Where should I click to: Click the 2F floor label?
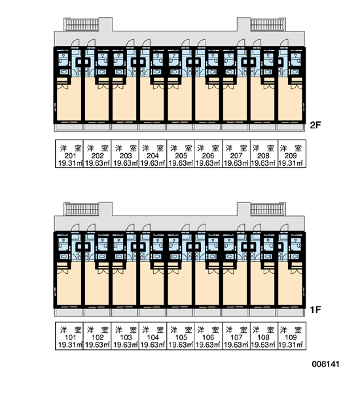point(315,125)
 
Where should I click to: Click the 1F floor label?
point(315,310)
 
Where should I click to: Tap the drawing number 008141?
point(326,364)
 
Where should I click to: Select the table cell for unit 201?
point(69,154)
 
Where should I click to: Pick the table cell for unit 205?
point(181,154)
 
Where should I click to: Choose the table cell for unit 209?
point(292,154)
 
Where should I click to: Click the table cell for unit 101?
point(69,335)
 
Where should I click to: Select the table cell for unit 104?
point(153,335)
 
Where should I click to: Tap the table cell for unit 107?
point(236,335)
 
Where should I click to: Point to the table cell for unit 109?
point(292,335)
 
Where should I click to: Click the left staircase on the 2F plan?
point(82,25)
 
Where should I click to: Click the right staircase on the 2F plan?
point(267,25)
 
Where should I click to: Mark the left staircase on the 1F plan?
point(82,210)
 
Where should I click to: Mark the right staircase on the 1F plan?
point(267,210)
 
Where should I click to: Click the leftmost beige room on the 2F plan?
point(69,102)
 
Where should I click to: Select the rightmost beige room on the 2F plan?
point(290,102)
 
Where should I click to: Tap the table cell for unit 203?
point(125,154)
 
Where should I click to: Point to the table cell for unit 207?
point(236,154)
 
